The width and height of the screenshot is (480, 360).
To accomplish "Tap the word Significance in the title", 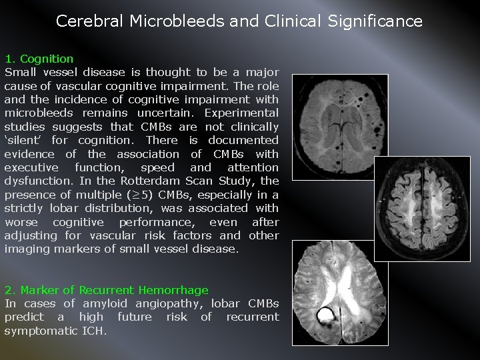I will pyautogui.click(x=375, y=21).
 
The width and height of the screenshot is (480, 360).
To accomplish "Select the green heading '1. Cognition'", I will pyautogui.click(x=39, y=59).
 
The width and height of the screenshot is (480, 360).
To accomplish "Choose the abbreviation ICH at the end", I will pyautogui.click(x=95, y=331).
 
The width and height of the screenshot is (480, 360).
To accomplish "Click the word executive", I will pyautogui.click(x=31, y=168).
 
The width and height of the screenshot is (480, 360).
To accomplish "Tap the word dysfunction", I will pyautogui.click(x=37, y=181).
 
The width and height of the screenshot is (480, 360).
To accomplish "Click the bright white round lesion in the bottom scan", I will pyautogui.click(x=327, y=315).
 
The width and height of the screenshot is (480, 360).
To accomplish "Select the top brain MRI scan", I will pyautogui.click(x=331, y=122).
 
